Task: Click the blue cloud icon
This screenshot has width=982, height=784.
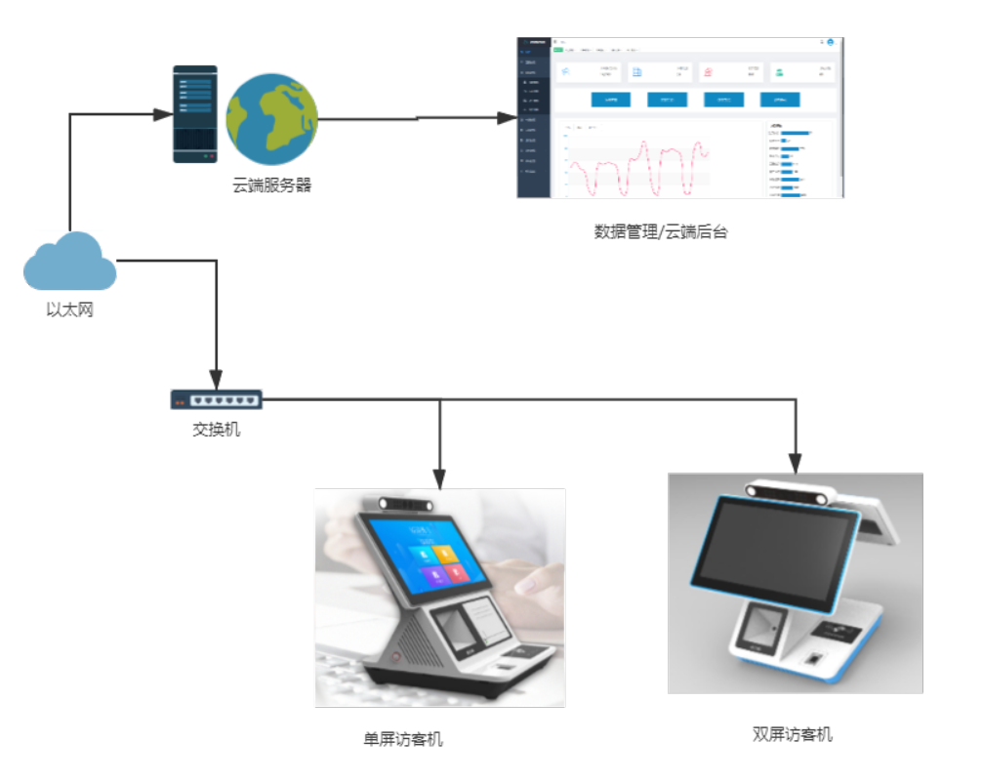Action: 69,263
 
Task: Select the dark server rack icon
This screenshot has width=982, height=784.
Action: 195,113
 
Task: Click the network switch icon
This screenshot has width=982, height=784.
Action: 216,398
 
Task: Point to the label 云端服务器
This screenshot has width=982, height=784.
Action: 272,186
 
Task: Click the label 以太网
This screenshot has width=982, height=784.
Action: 70,311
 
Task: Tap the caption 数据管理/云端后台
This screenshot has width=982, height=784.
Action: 661,232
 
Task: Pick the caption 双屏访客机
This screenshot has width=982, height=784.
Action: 793,734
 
